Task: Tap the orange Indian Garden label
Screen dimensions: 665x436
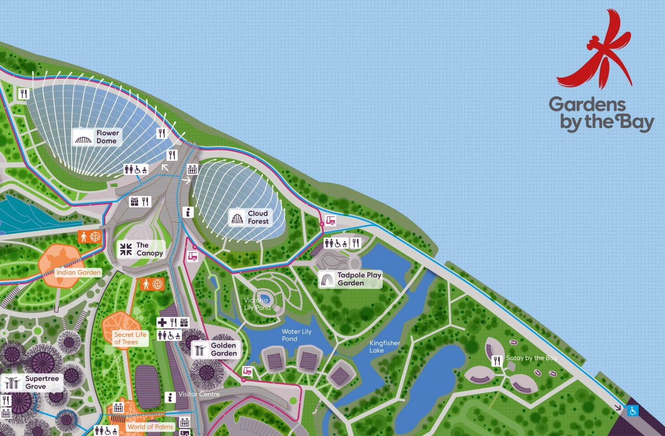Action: (79, 272)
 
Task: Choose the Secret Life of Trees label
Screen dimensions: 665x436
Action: (130, 338)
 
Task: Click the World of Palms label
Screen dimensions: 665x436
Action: (150, 426)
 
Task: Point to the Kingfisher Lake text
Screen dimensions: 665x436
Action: (385, 347)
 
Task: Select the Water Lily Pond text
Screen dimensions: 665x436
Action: (297, 335)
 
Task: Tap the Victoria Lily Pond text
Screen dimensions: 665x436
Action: (257, 304)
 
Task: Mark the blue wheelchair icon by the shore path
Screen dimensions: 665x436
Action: (633, 410)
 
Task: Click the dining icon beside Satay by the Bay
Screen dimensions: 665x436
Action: (496, 361)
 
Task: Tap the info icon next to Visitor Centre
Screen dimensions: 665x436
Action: (171, 397)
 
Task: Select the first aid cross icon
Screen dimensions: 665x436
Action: (162, 322)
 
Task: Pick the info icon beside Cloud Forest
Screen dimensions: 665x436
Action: (189, 212)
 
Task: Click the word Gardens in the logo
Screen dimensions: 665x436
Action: (587, 105)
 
